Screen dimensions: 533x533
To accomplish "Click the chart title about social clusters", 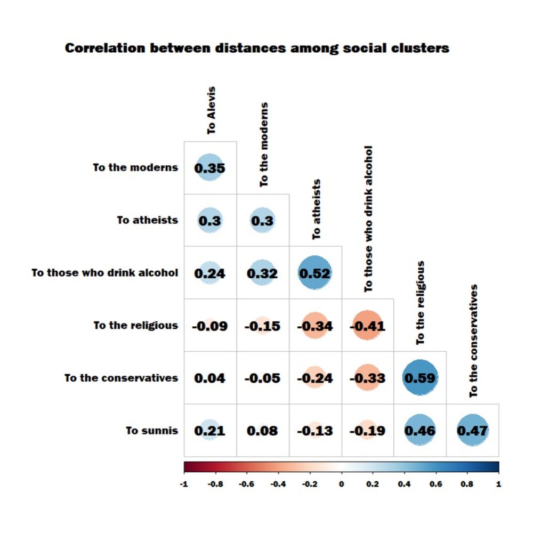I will (x=257, y=48).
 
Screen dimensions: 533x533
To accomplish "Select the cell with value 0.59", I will (x=419, y=377).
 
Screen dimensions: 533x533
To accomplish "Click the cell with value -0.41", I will (x=367, y=325).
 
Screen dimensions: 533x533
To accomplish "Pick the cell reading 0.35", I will (x=209, y=168).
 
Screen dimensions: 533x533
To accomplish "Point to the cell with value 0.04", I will (x=209, y=377).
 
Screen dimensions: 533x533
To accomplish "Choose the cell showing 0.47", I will (x=472, y=430).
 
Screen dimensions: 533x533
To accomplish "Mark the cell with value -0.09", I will (x=209, y=325).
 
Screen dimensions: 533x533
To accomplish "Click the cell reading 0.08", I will (x=262, y=430).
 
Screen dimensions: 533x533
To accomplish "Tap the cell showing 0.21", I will (x=209, y=430).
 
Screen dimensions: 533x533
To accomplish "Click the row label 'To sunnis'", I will (x=152, y=430).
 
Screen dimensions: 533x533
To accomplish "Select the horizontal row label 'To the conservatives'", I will (x=121, y=378).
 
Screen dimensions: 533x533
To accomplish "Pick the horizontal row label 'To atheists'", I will (x=148, y=220).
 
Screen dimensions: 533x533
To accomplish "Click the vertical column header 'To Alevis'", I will (x=212, y=110).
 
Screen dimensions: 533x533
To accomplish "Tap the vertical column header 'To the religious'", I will (x=421, y=302).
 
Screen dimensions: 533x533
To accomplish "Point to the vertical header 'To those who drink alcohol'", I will (x=369, y=219).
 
